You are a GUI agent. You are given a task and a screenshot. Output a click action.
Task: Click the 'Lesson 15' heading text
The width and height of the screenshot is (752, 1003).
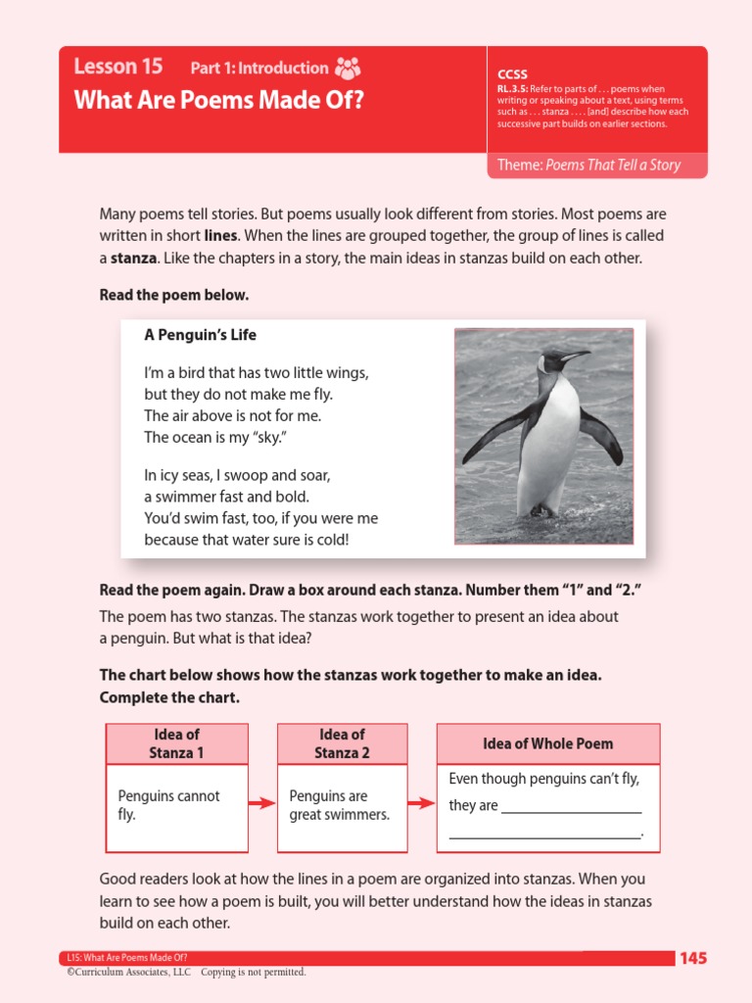pyautogui.click(x=118, y=67)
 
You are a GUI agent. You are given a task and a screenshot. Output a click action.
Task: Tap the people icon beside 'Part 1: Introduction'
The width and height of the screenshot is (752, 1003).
pyautogui.click(x=348, y=68)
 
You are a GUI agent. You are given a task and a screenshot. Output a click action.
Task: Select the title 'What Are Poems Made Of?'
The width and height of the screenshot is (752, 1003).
pyautogui.click(x=218, y=100)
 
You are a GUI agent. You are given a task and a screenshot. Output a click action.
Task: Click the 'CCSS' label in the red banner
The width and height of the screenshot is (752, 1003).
pyautogui.click(x=512, y=74)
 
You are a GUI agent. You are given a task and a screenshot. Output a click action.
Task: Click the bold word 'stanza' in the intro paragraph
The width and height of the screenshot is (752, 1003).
pyautogui.click(x=133, y=258)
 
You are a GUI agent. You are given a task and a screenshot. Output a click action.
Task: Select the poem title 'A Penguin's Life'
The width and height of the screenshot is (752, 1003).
pyautogui.click(x=200, y=335)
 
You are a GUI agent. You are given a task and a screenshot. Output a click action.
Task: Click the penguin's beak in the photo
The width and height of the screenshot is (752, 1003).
pyautogui.click(x=577, y=356)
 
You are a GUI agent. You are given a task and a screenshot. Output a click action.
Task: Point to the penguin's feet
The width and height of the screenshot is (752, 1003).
pyautogui.click(x=541, y=510)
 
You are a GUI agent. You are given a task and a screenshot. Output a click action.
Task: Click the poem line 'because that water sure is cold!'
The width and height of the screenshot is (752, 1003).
pyautogui.click(x=246, y=540)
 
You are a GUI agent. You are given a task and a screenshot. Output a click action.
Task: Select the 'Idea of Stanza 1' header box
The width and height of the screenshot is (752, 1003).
pyautogui.click(x=177, y=743)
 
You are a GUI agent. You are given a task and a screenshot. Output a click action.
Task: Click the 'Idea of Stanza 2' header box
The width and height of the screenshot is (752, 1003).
pyautogui.click(x=342, y=743)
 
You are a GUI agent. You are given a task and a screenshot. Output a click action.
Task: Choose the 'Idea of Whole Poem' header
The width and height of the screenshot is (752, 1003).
pyautogui.click(x=547, y=743)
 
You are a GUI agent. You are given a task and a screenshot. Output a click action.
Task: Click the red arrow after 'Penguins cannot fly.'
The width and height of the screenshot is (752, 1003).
pyautogui.click(x=261, y=804)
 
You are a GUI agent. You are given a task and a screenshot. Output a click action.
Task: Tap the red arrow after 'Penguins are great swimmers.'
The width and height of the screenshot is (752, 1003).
pyautogui.click(x=420, y=804)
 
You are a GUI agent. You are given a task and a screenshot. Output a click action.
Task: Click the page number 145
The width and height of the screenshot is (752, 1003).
pyautogui.click(x=693, y=958)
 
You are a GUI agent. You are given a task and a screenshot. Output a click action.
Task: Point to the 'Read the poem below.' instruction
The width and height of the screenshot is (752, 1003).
pyautogui.click(x=174, y=295)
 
